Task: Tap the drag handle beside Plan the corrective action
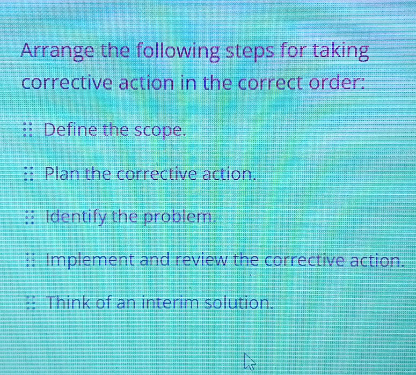(30, 174)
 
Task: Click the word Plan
(63, 174)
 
